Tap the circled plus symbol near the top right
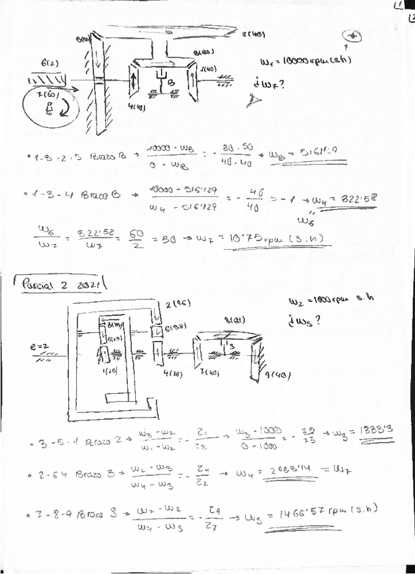coord(356,36)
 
